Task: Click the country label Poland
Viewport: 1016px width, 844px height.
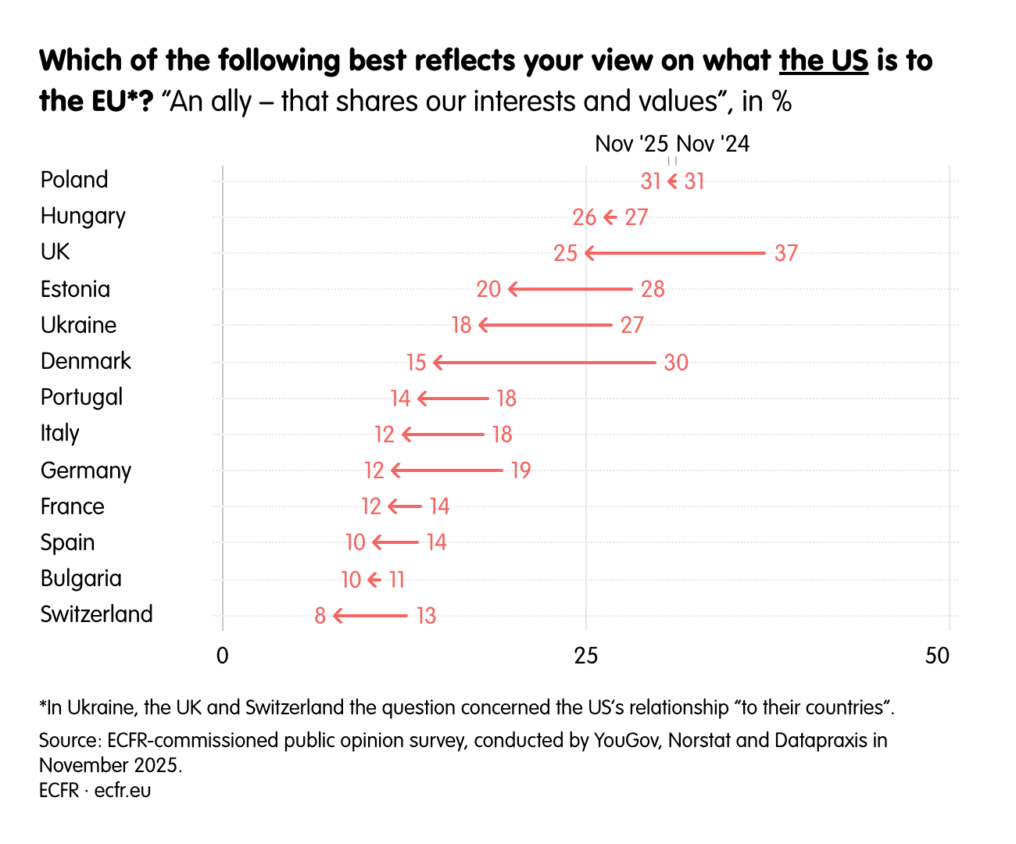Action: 74,180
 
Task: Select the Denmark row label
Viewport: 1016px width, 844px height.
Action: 86,361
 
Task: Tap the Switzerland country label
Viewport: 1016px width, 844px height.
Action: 96,614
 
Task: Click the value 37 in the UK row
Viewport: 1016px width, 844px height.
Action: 786,253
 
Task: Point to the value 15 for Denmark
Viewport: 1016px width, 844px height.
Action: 417,363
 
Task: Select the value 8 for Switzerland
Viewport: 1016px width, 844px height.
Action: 320,616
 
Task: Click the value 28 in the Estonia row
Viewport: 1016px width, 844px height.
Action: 653,289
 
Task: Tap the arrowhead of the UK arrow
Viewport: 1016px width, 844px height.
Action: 589,253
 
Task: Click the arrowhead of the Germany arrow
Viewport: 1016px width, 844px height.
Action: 395,470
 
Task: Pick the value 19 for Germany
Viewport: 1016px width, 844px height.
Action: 521,470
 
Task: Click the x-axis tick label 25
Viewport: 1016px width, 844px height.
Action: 585,656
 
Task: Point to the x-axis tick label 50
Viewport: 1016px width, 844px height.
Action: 937,656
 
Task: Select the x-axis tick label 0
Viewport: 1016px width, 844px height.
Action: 223,656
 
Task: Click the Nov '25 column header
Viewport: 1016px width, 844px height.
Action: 631,144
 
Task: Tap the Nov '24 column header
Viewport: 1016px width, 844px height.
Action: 713,144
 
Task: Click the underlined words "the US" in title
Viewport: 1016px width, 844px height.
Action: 824,60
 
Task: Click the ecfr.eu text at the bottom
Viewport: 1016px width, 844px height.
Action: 123,790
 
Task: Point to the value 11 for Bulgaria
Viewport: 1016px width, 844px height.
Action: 397,580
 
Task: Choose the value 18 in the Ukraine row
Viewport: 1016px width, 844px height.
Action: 462,325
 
